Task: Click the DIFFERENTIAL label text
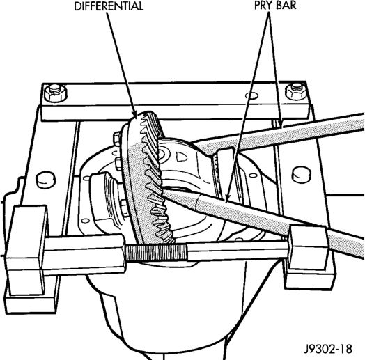click(x=109, y=6)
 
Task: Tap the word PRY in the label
click(x=264, y=6)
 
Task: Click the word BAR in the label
click(x=287, y=6)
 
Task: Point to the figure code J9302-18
click(x=329, y=349)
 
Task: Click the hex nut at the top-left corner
click(x=55, y=93)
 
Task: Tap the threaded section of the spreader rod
click(x=156, y=252)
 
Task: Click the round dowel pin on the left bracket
click(x=46, y=179)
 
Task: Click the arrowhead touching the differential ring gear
click(x=135, y=114)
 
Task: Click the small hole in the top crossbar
click(x=251, y=95)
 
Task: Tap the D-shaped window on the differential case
click(x=182, y=157)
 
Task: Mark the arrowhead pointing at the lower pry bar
click(x=226, y=196)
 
